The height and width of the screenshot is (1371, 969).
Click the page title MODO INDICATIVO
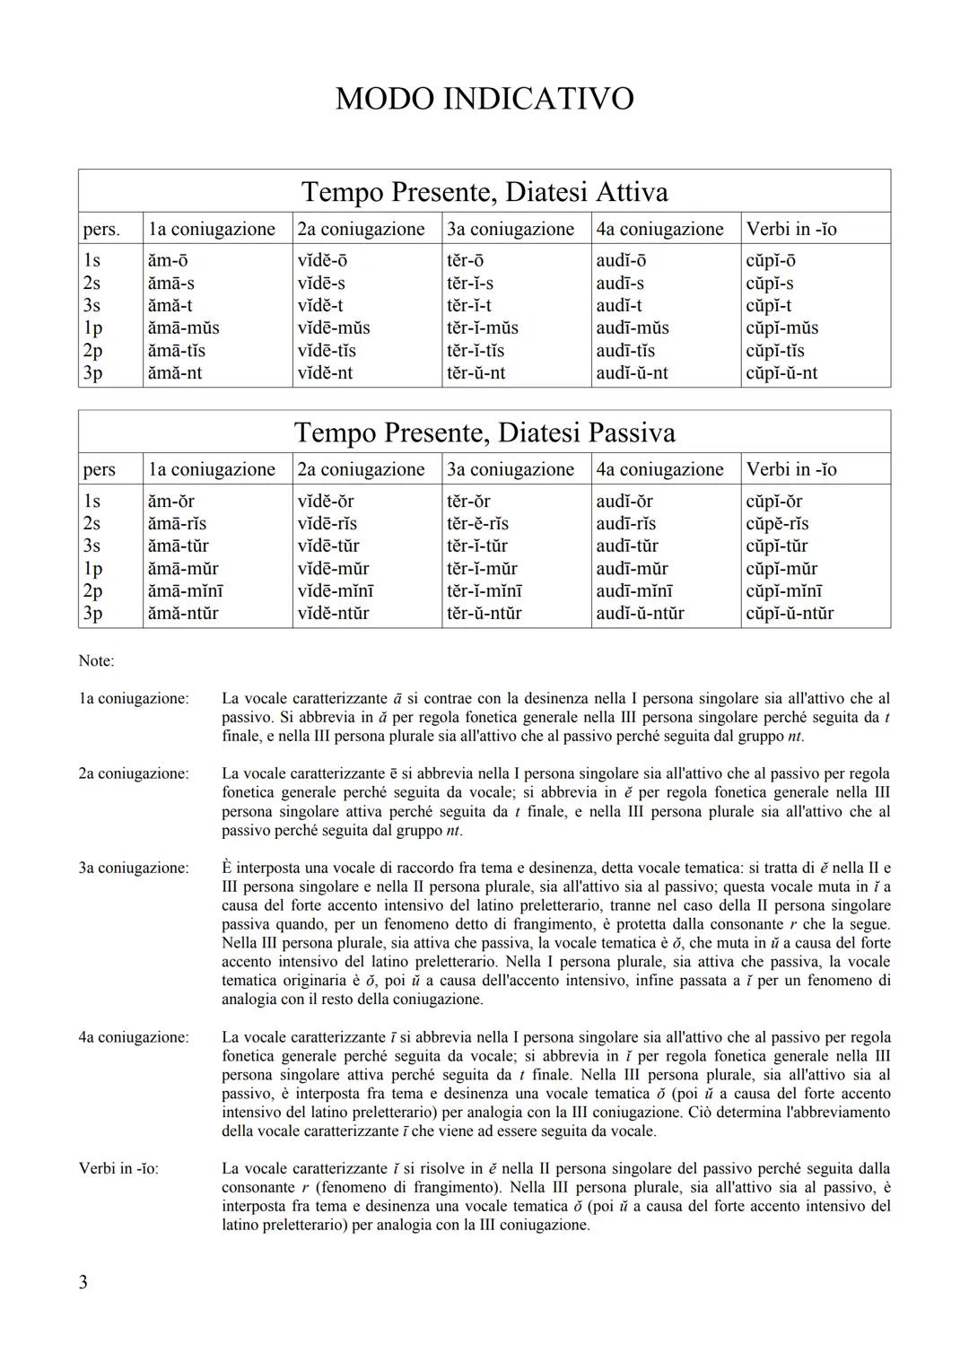[x=484, y=99]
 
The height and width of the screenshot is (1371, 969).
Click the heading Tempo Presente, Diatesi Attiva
[x=484, y=192]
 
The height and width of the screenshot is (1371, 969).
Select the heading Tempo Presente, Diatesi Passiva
[x=484, y=432]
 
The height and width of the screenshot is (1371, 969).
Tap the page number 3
[x=83, y=1281]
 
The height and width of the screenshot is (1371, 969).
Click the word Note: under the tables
[x=96, y=661]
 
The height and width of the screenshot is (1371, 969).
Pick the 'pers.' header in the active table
[x=101, y=229]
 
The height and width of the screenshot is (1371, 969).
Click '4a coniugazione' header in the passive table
[x=659, y=469]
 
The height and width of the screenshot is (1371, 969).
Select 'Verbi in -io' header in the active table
[x=791, y=229]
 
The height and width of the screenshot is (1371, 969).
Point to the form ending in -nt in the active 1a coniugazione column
[x=175, y=372]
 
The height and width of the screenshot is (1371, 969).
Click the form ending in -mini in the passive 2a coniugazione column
[x=336, y=590]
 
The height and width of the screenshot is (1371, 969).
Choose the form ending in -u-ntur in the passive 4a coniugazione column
[x=640, y=613]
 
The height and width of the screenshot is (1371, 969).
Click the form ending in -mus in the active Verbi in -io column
[x=782, y=327]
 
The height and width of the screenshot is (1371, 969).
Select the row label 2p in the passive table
[x=92, y=590]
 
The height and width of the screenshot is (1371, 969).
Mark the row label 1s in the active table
[x=92, y=260]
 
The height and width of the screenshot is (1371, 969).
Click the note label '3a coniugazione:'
[x=134, y=868]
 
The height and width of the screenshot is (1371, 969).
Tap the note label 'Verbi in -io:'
[x=118, y=1168]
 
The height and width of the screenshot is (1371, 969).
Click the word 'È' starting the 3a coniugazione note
[x=227, y=868]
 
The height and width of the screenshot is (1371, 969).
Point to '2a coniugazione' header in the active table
[x=361, y=229]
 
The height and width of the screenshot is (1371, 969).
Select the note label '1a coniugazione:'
[x=134, y=698]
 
